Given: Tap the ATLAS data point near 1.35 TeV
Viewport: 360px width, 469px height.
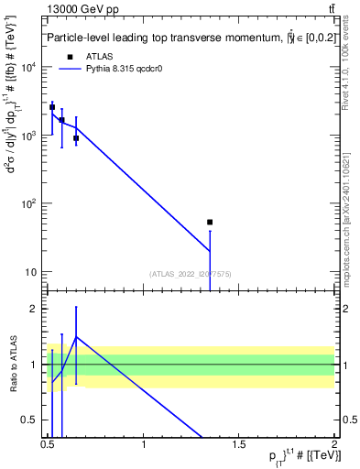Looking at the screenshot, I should (210, 222).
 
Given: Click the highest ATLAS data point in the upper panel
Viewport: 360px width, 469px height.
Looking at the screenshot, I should (52, 107).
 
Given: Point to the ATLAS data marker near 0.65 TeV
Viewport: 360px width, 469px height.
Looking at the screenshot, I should (76, 138).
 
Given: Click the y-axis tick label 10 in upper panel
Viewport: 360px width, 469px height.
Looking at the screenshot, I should (33, 272).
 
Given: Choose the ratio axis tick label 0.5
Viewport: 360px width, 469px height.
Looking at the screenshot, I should (33, 420).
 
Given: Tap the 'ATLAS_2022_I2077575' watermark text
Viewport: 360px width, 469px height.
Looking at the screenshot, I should (191, 273).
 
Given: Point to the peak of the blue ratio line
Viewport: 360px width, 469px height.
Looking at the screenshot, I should (76, 336).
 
